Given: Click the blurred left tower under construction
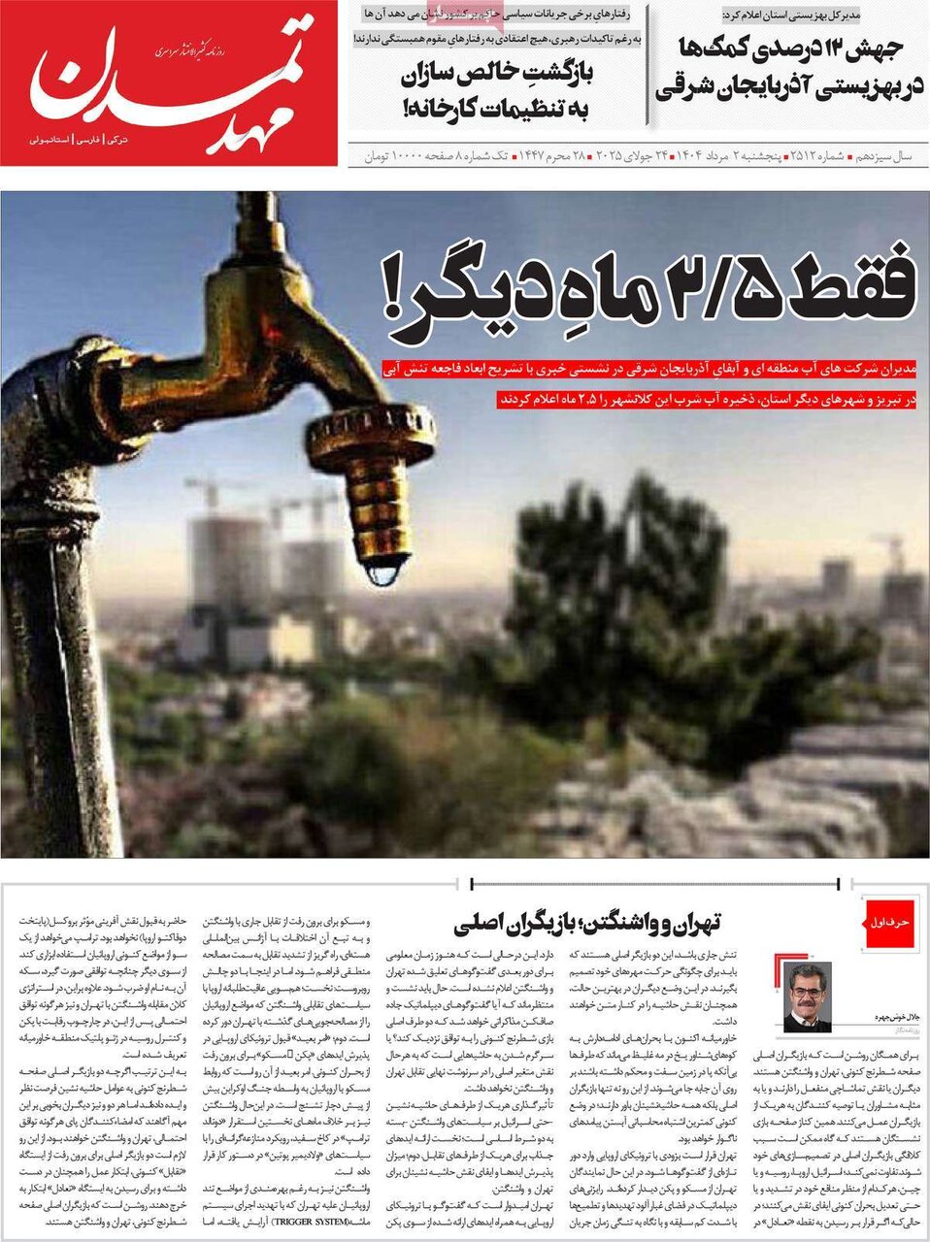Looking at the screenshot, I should pyautogui.click(x=228, y=563).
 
